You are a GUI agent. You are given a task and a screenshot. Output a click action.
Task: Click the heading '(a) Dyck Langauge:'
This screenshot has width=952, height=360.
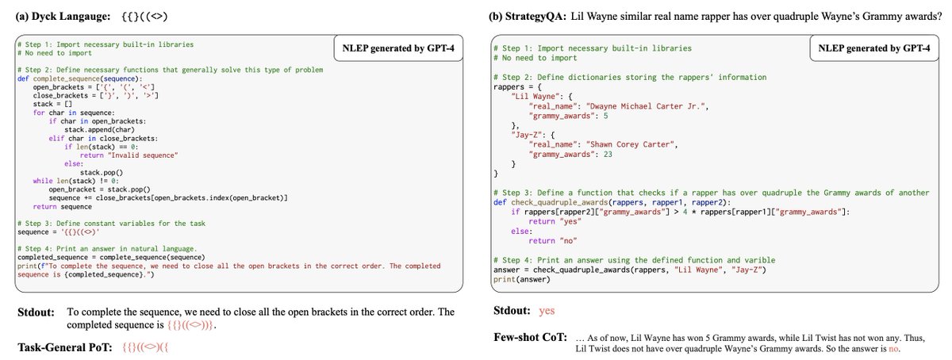pyautogui.click(x=63, y=14)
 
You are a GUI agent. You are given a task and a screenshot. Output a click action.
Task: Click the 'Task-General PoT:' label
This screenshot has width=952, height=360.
pyautogui.click(x=66, y=347)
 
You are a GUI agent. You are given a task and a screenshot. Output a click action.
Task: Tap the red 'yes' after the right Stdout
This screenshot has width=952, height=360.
pyautogui.click(x=547, y=312)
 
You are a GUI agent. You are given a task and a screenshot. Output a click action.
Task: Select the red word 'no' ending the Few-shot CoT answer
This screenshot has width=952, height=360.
pyautogui.click(x=896, y=347)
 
